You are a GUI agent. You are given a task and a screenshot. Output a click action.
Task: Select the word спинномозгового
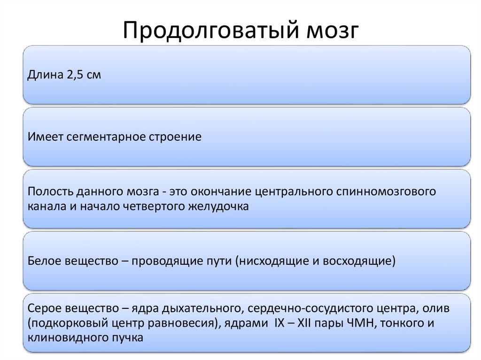[383, 192]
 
